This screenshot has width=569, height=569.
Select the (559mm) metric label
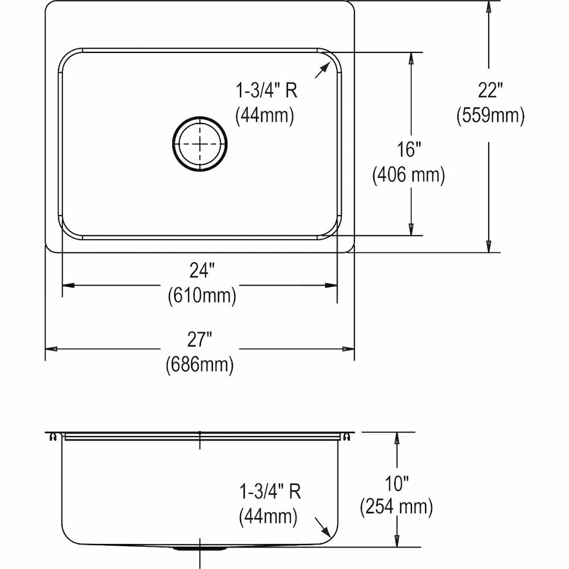(x=490, y=116)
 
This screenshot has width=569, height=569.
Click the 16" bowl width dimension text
(x=409, y=150)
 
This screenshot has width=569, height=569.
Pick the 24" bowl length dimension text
(x=200, y=271)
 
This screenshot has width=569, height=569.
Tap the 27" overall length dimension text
(x=200, y=340)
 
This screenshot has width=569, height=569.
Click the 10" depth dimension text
(x=396, y=485)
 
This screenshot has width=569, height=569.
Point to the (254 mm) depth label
(x=396, y=506)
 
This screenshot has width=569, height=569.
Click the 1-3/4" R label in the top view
(x=267, y=90)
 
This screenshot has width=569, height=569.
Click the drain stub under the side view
(x=199, y=549)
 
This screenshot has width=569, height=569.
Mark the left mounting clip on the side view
(x=52, y=436)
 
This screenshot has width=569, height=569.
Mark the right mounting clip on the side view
(x=345, y=436)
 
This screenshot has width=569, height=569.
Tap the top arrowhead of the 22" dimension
(x=488, y=8)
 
